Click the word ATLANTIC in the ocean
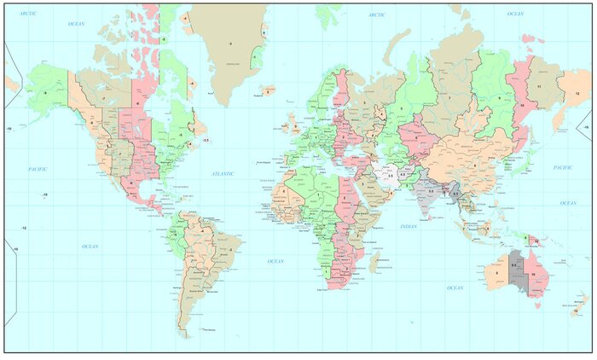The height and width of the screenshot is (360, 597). pos(223,174)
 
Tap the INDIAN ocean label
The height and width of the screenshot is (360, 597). pos(409,226)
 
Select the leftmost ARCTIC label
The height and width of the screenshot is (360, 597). pos(28,14)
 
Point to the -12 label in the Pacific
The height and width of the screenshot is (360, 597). pos(24,228)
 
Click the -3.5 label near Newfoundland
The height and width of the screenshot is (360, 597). pos(205,140)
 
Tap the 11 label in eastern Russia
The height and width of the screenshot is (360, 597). pos(539,87)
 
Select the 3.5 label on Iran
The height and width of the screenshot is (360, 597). pos(390,176)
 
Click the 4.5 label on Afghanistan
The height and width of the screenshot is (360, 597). pos(402,175)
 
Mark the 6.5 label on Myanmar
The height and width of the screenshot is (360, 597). pos(455,195)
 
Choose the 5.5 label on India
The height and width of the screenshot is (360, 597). pos(431,192)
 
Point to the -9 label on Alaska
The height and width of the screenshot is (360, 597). pos(44,92)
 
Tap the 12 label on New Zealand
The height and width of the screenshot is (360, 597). pos(576,311)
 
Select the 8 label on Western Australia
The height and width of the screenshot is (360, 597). pos(495,273)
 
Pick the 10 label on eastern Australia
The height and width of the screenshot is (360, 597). pos(534,273)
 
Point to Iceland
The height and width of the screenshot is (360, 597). pos(268,90)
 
